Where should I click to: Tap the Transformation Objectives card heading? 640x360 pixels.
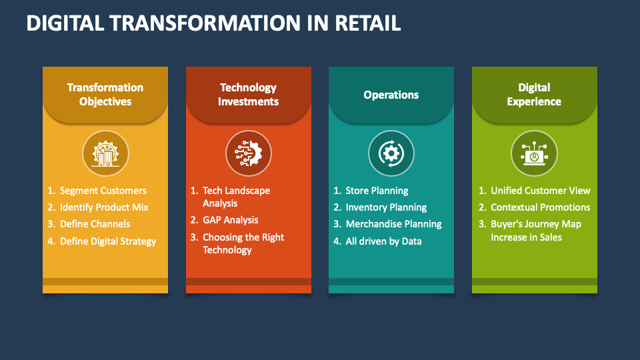tap(105, 95)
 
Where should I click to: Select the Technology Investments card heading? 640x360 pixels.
tap(248, 95)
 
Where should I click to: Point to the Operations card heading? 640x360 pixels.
tap(391, 95)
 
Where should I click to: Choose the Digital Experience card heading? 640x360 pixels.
tap(534, 95)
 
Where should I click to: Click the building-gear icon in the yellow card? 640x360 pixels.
tap(105, 153)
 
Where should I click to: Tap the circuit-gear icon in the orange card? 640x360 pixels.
tap(248, 153)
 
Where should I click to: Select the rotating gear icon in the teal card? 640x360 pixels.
tap(391, 153)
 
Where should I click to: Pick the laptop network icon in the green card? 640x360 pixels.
tap(534, 153)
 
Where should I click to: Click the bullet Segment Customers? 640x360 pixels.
tap(103, 191)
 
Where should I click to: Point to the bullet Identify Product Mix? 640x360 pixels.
tap(104, 207)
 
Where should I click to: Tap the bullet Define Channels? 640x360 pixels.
tap(95, 224)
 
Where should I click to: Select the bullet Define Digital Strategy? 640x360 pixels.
tap(108, 241)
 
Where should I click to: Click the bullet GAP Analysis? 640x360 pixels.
tap(230, 220)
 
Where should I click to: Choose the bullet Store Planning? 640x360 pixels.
tap(377, 191)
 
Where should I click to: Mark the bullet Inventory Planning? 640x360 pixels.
tap(386, 207)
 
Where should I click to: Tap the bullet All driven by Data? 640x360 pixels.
tap(383, 241)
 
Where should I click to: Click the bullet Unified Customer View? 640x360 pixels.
tap(541, 191)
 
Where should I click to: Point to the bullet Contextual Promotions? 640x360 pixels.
tap(541, 207)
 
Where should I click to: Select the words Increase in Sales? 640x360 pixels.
tap(526, 237)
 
